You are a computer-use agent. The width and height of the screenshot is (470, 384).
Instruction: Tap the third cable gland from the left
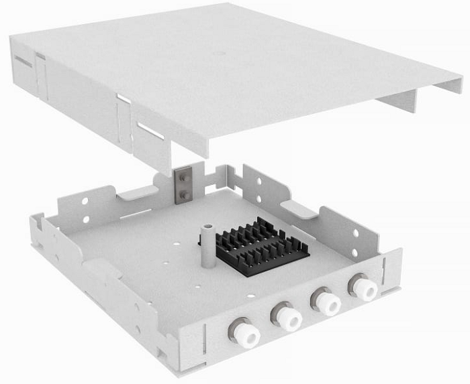pos(326,302)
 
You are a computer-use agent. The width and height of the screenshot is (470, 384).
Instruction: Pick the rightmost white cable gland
pos(363,289)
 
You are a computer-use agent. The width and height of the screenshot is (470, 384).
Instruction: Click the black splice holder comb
pos(263,245)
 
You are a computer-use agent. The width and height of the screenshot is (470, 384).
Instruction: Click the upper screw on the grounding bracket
pos(181,178)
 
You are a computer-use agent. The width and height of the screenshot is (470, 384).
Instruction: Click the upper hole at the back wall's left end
pos(84,200)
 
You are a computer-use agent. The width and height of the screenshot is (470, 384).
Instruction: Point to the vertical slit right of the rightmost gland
pos(385,274)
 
